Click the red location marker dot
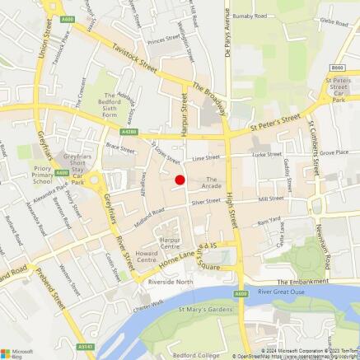coord(180,180)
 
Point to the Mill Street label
coord(270,199)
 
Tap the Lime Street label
coord(206,157)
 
